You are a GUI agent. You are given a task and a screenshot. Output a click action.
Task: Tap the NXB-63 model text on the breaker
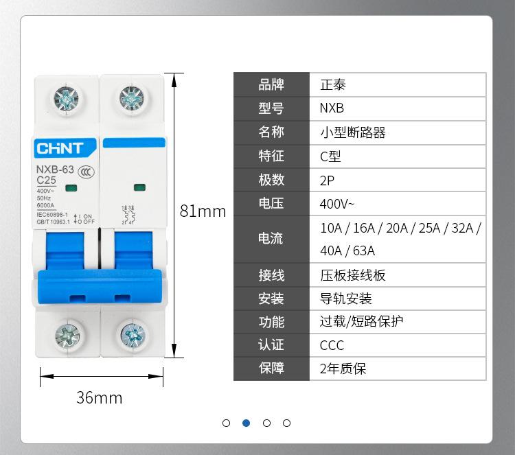[55, 169]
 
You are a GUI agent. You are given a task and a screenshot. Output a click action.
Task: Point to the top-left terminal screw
[66, 100]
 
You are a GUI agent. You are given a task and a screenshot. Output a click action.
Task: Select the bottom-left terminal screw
[67, 335]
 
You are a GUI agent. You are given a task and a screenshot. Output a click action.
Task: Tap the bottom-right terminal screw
[133, 335]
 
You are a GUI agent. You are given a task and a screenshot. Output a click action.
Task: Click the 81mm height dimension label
[203, 211]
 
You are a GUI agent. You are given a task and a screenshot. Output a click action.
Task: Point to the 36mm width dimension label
[99, 397]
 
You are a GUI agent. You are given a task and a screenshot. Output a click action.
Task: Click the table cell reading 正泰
[398, 85]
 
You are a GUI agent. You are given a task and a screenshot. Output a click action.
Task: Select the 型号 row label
[271, 108]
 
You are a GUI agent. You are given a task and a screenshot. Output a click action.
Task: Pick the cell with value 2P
[398, 180]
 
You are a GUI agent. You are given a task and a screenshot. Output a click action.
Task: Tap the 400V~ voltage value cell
[398, 204]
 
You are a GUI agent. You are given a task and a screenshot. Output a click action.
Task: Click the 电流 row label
[271, 239]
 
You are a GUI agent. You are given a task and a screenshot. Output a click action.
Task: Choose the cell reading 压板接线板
[398, 275]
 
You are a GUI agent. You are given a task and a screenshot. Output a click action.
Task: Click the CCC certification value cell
[398, 345]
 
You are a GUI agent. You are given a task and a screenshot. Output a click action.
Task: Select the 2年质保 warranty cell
[398, 369]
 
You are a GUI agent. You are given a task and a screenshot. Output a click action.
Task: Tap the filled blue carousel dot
[247, 423]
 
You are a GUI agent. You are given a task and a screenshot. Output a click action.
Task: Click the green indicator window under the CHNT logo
[70, 187]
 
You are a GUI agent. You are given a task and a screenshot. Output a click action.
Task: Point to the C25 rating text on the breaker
[47, 180]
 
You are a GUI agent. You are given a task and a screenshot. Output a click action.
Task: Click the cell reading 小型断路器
[398, 132]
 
